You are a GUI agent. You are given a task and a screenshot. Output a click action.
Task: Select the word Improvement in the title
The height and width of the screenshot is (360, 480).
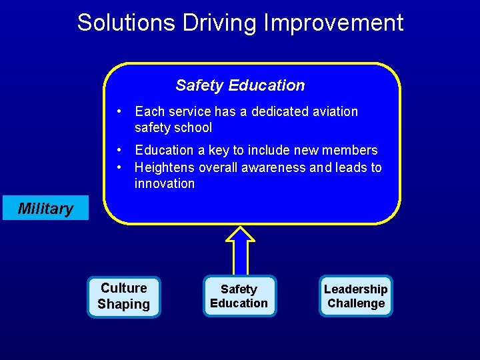point(333,23)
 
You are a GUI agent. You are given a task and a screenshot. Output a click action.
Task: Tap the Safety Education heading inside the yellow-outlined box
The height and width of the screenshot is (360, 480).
point(240,85)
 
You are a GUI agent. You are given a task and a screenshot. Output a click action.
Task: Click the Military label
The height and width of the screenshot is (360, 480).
point(45,209)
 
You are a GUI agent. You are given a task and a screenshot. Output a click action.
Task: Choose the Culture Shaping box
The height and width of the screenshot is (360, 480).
point(124,297)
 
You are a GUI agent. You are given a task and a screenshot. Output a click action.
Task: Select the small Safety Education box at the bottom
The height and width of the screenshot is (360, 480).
point(239,297)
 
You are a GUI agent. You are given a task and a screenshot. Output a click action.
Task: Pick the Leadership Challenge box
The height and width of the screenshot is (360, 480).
point(356,297)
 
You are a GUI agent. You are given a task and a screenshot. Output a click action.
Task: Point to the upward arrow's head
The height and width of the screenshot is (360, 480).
point(240,234)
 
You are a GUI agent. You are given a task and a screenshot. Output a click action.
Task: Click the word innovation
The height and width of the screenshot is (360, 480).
point(165,183)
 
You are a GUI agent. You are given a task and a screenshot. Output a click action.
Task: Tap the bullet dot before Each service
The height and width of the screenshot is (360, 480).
point(117,111)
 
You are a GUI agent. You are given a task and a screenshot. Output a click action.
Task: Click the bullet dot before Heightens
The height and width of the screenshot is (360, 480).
point(117,167)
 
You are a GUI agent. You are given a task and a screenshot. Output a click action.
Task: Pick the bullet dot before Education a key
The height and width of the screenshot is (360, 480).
point(117,150)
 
